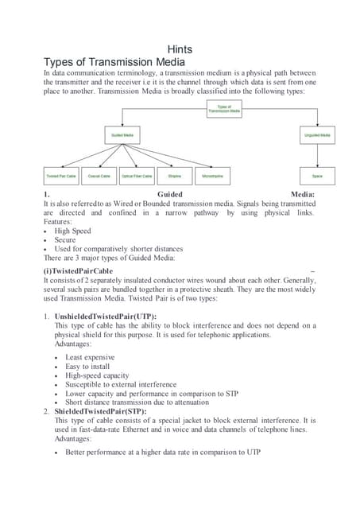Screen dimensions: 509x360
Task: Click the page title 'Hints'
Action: (180, 49)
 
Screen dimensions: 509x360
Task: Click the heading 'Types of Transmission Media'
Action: (114, 62)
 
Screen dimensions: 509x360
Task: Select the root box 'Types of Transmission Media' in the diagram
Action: (224, 109)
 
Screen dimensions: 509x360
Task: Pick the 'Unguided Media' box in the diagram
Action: (317, 136)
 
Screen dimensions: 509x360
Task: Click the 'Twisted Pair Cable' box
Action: (61, 176)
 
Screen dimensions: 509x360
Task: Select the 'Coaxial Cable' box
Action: (99, 176)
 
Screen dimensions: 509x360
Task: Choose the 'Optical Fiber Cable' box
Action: (137, 176)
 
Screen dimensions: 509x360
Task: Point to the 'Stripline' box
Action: (175, 176)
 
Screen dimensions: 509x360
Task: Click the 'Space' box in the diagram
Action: (317, 176)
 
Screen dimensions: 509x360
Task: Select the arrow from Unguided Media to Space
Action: (317, 156)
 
